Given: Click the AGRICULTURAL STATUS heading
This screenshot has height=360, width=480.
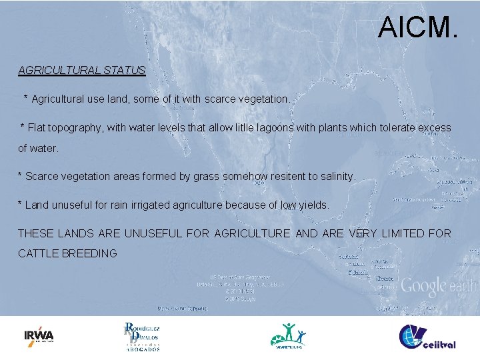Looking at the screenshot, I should (81, 70).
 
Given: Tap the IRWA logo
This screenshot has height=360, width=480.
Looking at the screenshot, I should (39, 335).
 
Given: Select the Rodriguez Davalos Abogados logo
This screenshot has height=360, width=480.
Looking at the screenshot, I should (142, 337).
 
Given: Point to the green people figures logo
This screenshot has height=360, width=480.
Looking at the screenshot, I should (288, 335).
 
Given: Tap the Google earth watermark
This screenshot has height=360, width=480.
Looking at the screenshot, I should (438, 287).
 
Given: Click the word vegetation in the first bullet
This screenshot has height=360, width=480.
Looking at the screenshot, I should (262, 99).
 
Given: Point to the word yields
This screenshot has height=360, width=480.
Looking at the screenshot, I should (311, 205).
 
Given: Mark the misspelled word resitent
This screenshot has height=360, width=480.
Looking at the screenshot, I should (279, 177).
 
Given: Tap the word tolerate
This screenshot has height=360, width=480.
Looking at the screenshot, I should (392, 127).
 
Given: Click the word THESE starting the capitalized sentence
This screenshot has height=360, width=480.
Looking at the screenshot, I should (36, 233).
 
